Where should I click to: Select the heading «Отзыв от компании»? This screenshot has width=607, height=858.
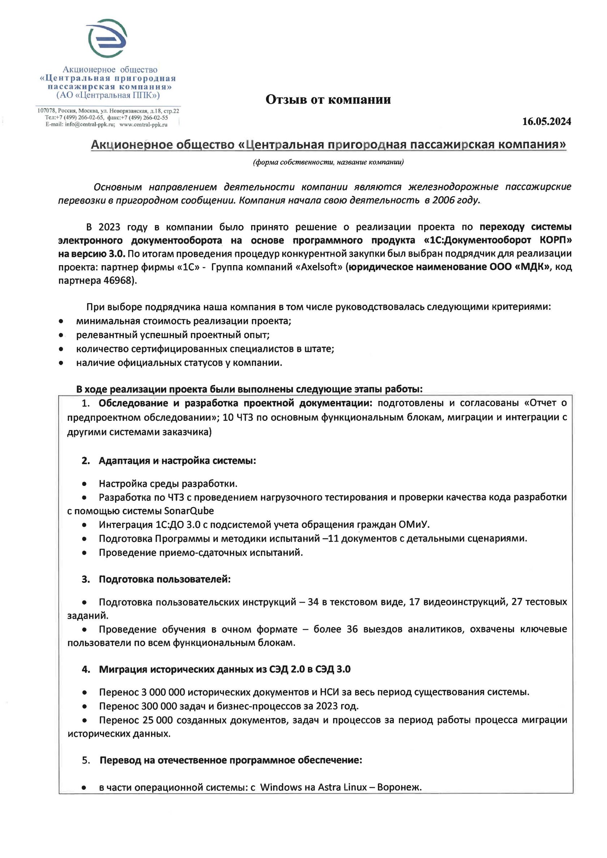click(x=328, y=99)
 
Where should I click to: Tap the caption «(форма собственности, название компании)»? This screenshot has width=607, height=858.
click(x=328, y=162)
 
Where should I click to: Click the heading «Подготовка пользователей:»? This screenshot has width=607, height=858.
click(x=164, y=579)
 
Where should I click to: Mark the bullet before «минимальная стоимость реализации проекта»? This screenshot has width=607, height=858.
click(x=61, y=321)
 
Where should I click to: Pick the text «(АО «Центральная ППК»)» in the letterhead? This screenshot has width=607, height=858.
click(x=108, y=95)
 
